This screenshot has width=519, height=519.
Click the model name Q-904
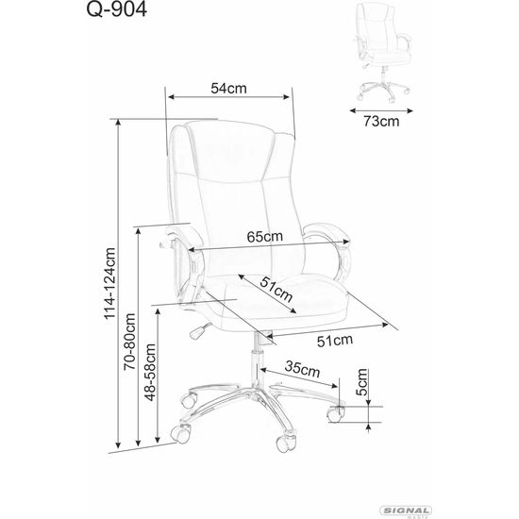tap(116, 9)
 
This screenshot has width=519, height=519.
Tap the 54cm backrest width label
tap(228, 89)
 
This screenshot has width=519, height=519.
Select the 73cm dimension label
tap(381, 122)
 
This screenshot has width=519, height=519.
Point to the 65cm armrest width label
tap(265, 236)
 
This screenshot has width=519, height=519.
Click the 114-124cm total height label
tap(109, 283)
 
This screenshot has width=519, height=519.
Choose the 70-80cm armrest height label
tap(129, 342)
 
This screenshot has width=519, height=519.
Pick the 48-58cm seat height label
tap(150, 373)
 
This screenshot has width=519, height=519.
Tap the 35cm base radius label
tap(302, 369)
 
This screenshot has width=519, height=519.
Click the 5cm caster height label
tap(361, 382)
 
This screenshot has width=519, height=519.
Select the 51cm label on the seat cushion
tap(276, 290)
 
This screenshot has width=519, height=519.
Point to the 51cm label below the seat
tap(335, 341)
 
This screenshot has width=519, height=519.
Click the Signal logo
tap(406, 511)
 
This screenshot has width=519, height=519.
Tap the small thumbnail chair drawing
tap(383, 52)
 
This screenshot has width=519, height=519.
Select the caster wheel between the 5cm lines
tap(336, 414)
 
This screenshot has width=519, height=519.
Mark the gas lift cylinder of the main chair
tap(257, 360)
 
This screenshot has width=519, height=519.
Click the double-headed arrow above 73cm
tap(381, 111)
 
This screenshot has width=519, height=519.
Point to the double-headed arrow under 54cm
tap(228, 96)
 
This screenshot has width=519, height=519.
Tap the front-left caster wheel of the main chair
tap(181, 433)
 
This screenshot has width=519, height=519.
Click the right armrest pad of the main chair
tap(326, 232)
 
